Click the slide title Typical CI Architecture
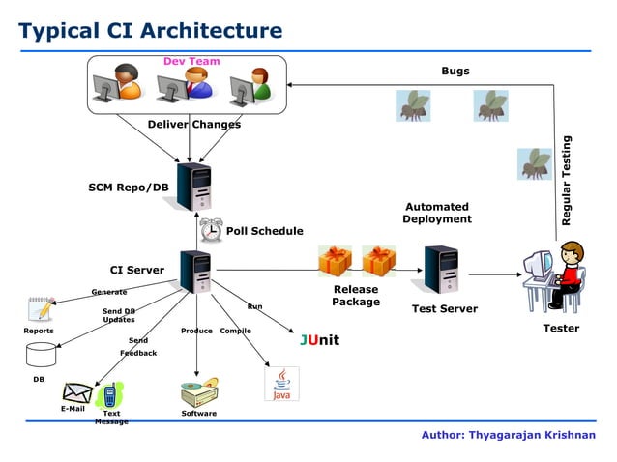(151, 31)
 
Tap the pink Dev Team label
(191, 61)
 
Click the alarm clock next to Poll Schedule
(211, 230)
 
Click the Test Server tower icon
(441, 270)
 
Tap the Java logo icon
(281, 384)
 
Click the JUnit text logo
(319, 341)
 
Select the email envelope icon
(76, 392)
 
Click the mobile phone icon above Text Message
(110, 395)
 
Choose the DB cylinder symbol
(42, 354)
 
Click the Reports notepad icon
(41, 309)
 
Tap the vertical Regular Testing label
(568, 181)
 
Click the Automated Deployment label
(437, 213)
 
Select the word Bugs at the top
(455, 71)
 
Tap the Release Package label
(355, 296)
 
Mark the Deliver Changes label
(194, 124)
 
